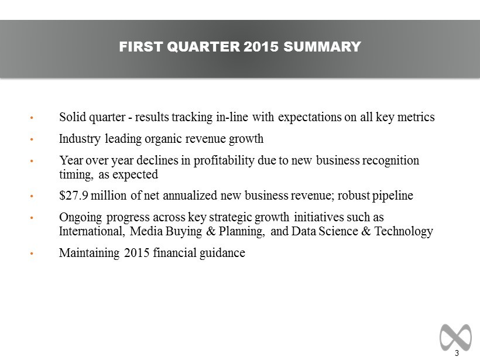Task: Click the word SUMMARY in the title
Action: tap(322, 47)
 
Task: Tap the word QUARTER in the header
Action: tap(204, 47)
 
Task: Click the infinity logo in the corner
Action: tap(455, 337)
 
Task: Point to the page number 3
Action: tap(457, 353)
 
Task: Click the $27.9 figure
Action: tap(74, 196)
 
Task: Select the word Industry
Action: tap(80, 139)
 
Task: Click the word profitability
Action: tap(224, 161)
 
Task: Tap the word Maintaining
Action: tap(89, 253)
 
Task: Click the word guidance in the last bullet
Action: tap(222, 253)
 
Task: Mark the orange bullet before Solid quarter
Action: tap(32, 118)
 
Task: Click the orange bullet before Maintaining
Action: tap(32, 253)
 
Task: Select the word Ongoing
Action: tap(81, 218)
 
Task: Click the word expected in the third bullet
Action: tap(135, 175)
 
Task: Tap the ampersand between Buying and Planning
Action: tap(211, 231)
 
